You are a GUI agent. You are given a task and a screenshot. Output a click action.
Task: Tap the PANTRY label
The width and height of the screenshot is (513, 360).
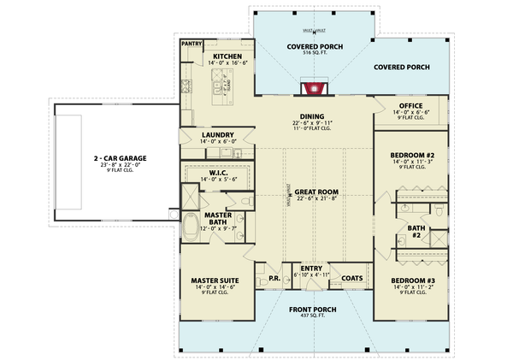coord(190,43)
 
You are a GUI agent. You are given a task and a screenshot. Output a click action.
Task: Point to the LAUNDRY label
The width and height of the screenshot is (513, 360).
coord(218,134)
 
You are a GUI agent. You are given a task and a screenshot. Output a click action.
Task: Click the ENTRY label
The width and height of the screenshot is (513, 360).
coord(310,268)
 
